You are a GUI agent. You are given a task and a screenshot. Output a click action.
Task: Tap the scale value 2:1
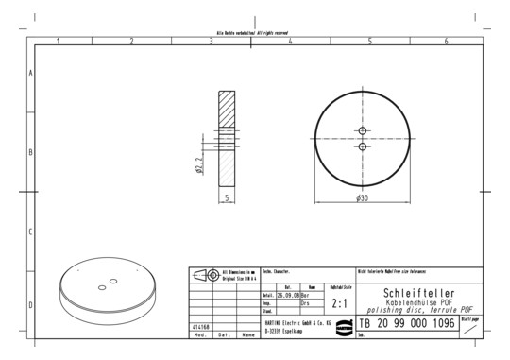pos(341,304)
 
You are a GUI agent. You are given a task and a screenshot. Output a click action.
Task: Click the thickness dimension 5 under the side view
pos(228,197)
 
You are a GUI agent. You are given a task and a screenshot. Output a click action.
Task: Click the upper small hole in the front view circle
pos(363,129)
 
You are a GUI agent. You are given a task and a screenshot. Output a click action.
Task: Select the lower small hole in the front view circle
pos(363,146)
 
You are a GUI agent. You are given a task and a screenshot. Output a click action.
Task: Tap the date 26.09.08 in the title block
pos(287,296)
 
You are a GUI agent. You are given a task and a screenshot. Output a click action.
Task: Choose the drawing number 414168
pos(201,326)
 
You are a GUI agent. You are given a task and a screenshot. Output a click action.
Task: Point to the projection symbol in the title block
pos(203,275)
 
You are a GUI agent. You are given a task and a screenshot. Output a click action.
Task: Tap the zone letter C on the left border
pos(31,231)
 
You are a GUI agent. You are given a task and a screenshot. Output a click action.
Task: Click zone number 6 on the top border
pos(446,42)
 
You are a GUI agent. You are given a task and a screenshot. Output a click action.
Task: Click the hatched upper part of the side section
pos(228,112)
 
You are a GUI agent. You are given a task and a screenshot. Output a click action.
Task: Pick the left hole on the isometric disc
pos(101,283)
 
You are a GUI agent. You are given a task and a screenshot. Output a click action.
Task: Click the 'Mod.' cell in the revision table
pos(200,334)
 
